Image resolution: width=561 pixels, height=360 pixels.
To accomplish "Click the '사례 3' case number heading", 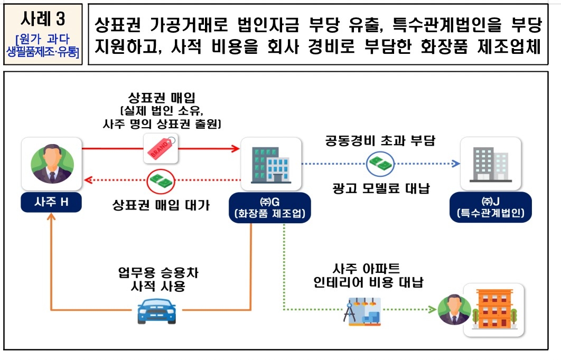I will coord(43,19).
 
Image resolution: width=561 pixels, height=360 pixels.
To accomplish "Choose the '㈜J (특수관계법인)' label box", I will coord(491,208).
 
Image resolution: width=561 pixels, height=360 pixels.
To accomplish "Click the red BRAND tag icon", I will coord(161,148).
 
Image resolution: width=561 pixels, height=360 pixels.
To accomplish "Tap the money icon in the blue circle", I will coord(381,164).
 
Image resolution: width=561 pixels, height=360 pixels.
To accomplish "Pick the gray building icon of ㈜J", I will coord(490,163).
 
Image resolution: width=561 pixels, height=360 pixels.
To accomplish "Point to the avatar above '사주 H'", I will coord(51,164).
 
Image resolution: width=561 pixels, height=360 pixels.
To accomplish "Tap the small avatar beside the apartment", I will coord(453,309).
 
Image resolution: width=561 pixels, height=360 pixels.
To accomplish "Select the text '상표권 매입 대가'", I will coord(161,205).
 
